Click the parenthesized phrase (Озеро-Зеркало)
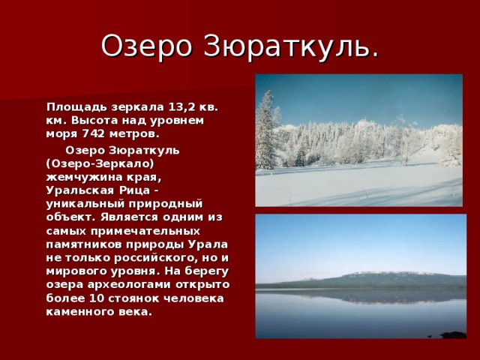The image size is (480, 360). tap(100, 163)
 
